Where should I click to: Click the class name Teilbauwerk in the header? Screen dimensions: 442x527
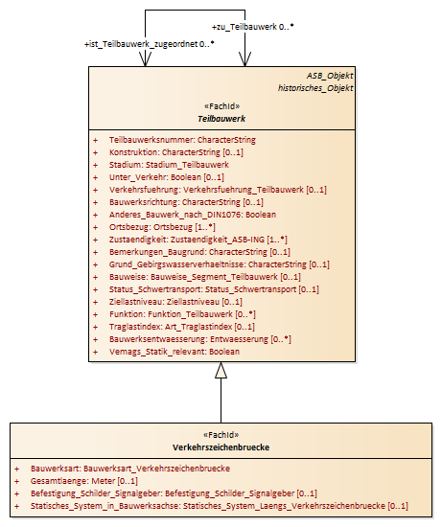221,119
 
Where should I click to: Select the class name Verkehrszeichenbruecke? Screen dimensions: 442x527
221,447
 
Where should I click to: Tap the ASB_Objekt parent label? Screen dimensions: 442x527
330,76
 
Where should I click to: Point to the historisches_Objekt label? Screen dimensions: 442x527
315,88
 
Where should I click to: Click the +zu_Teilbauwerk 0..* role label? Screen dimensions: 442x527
252,27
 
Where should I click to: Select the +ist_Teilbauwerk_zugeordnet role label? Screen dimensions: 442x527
150,44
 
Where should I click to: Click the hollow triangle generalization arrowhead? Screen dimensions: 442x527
221,370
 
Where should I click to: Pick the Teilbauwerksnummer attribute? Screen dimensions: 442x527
182,140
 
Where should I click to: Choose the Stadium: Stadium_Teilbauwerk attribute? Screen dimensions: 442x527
169,165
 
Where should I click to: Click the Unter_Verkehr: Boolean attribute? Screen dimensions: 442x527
167,177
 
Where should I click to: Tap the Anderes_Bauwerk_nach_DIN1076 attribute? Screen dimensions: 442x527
193,215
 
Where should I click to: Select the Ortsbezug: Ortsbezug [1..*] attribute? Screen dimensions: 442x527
162,227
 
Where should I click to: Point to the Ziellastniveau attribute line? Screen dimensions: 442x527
175,302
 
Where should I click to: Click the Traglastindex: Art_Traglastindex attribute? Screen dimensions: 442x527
181,327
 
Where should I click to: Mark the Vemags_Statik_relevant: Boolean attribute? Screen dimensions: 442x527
174,352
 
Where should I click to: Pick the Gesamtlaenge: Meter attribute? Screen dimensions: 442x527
84,481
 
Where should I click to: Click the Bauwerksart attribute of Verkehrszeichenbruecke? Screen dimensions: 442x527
130,469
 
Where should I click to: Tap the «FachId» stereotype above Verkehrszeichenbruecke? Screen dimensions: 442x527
221,435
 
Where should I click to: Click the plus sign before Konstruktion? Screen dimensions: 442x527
96,152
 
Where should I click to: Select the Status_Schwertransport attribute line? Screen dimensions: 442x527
214,289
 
